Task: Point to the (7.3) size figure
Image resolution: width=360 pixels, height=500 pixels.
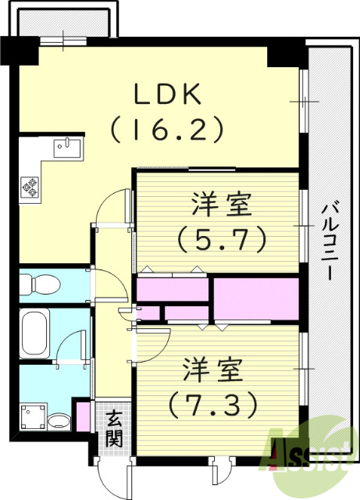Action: (x=212, y=404)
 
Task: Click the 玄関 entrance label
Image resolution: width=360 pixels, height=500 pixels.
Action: (x=115, y=429)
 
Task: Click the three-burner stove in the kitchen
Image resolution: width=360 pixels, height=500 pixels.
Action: (x=31, y=186)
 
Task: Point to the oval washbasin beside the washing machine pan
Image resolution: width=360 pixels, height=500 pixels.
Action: (x=59, y=423)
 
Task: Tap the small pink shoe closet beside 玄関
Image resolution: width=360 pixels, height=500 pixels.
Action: (x=83, y=414)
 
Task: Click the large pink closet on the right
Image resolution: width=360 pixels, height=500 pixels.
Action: (x=256, y=298)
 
